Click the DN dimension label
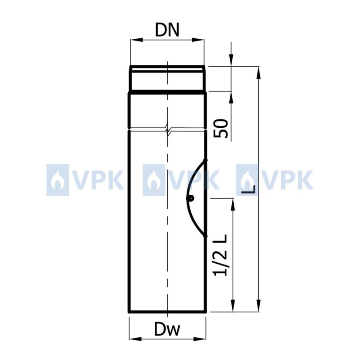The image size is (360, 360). pyautogui.click(x=167, y=30)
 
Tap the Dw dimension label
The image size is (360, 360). pyautogui.click(x=167, y=329)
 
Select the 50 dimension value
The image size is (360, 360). pyautogui.click(x=221, y=128)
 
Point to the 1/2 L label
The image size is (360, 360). pyautogui.click(x=220, y=255)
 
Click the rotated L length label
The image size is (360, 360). pyautogui.click(x=249, y=189)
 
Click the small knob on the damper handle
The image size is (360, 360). pyautogui.click(x=190, y=198)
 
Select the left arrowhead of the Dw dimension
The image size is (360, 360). pyautogui.click(x=135, y=339)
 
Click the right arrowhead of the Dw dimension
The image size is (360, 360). pyautogui.click(x=200, y=339)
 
